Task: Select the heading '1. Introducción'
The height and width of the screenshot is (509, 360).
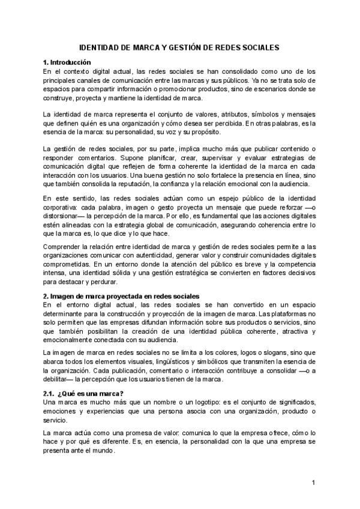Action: [x=67, y=62]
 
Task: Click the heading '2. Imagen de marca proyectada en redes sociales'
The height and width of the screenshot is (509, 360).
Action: [x=121, y=297]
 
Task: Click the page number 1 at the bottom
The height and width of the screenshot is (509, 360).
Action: [x=313, y=482]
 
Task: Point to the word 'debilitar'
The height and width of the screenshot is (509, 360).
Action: [x=62, y=380]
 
